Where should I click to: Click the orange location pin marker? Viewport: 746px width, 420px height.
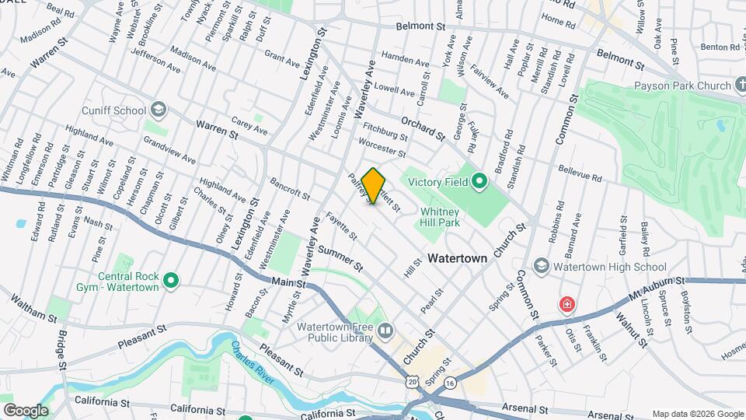coord(374,185)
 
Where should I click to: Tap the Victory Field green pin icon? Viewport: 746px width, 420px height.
coord(479,184)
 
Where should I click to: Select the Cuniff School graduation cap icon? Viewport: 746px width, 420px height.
coord(159,109)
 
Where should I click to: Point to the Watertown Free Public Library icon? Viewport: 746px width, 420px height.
coord(385,332)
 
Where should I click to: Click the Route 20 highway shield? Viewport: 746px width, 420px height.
coord(411,380)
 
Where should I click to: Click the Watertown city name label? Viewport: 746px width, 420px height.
coord(458,257)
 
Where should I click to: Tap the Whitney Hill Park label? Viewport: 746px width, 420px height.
coord(441,216)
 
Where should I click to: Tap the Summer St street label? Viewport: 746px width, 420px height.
coord(340,257)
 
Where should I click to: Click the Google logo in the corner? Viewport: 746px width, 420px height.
coord(26,410)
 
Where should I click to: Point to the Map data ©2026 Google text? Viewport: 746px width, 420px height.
coord(696,414)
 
